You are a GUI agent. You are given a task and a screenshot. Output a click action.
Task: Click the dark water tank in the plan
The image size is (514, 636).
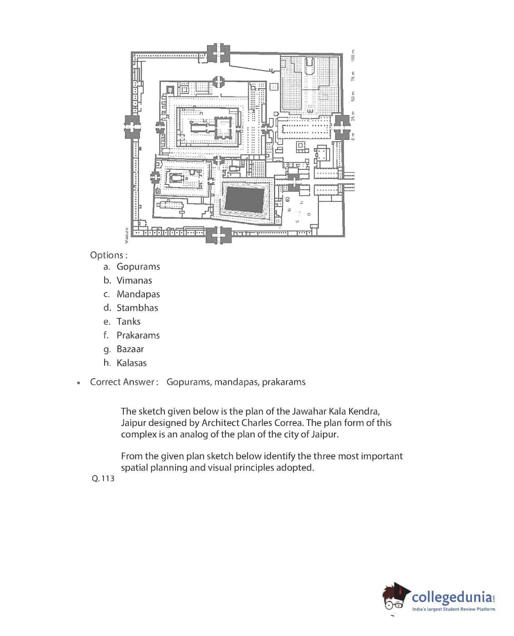245,199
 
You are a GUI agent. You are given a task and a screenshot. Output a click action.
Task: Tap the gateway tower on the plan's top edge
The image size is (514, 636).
219,53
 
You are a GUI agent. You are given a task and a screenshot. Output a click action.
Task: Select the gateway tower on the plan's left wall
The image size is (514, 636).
132,126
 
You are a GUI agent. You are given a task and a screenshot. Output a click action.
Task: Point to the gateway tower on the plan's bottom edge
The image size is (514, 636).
218,235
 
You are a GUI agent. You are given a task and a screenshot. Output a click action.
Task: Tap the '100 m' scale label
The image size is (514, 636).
353,55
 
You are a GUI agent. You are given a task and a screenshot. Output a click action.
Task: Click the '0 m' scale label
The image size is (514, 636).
353,136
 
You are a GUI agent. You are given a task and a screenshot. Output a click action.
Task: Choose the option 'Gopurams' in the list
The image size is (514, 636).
138,267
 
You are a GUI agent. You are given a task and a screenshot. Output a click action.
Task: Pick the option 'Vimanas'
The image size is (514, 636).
134,280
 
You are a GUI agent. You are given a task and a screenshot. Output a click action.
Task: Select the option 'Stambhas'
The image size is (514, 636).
137,308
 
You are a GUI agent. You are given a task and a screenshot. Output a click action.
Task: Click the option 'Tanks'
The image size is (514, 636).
128,322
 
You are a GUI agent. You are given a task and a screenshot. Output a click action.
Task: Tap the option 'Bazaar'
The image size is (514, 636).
130,349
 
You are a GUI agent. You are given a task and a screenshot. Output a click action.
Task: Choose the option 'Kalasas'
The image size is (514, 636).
131,363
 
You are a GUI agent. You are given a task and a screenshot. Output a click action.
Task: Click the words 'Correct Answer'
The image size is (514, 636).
122,382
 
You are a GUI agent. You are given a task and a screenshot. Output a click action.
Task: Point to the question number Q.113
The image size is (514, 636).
103,478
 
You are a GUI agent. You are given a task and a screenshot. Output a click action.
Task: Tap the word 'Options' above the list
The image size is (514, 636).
107,255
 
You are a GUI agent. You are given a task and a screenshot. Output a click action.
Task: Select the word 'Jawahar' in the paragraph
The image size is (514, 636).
309,411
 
